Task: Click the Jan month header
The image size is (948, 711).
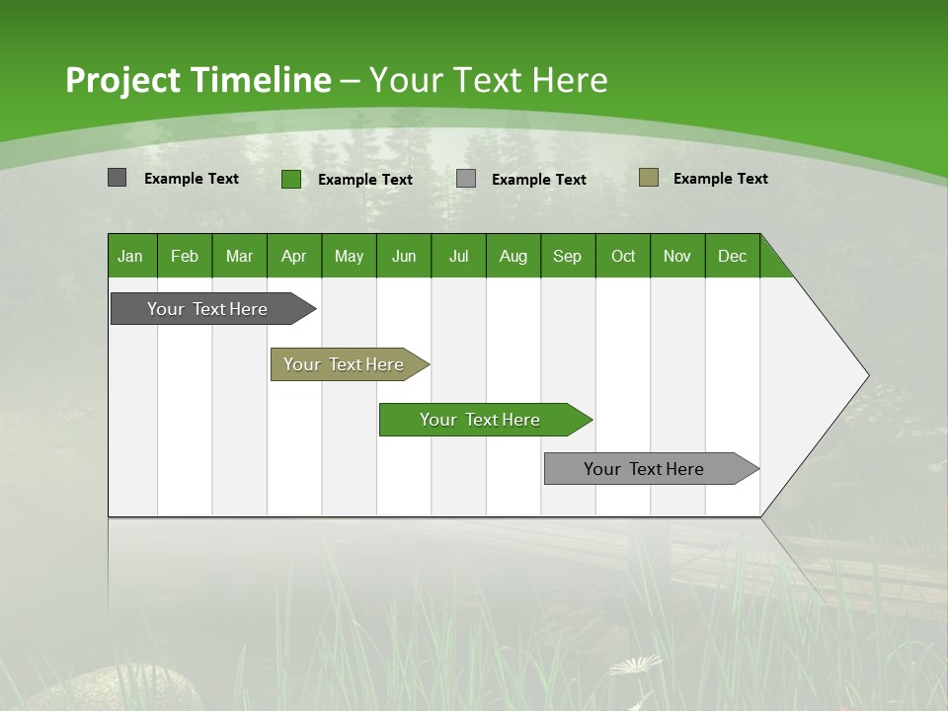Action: click(x=131, y=256)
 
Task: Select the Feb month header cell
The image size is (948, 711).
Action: click(x=185, y=256)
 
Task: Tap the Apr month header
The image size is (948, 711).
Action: click(x=294, y=256)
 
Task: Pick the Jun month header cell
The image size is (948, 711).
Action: click(x=404, y=256)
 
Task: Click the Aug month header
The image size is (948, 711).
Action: click(x=513, y=256)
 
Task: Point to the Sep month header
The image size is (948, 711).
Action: click(x=568, y=256)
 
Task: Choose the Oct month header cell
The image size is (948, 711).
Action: click(x=623, y=256)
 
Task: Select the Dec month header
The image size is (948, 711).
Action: click(x=733, y=256)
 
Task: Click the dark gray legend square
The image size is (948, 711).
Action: click(x=117, y=178)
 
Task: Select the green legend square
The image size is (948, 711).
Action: click(x=290, y=179)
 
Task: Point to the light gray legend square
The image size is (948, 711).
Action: click(x=466, y=179)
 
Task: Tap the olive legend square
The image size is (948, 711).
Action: click(x=648, y=178)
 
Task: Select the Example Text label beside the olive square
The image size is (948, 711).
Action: click(x=720, y=179)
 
